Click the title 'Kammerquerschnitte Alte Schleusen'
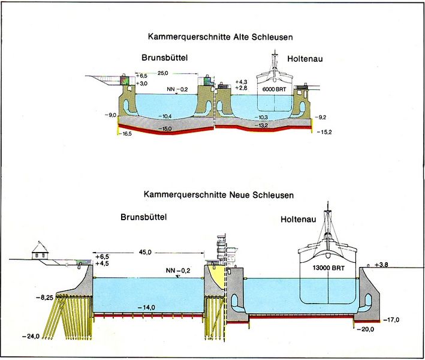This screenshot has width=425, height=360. (220, 37)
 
